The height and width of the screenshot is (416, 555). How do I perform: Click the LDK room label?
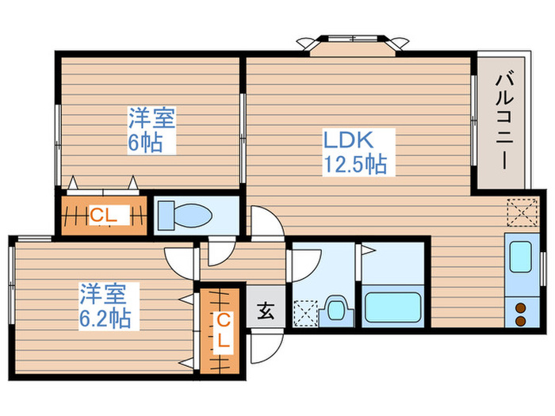[x=347, y=141]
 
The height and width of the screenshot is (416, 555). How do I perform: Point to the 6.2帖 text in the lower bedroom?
[x=105, y=319]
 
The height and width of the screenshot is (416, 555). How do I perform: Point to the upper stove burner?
[x=521, y=307]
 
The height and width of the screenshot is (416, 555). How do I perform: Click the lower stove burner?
[x=521, y=321]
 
